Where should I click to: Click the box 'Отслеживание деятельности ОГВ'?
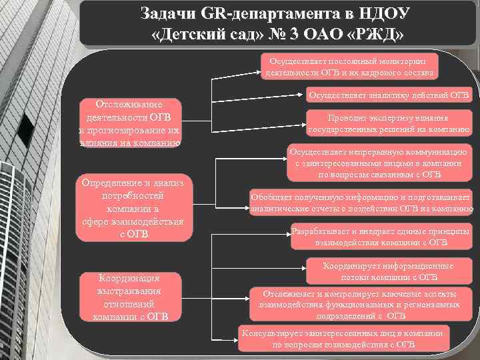[129, 122]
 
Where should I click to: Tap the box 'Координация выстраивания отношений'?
[129, 296]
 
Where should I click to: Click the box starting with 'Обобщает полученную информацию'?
[361, 203]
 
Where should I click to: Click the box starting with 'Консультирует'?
[344, 339]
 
